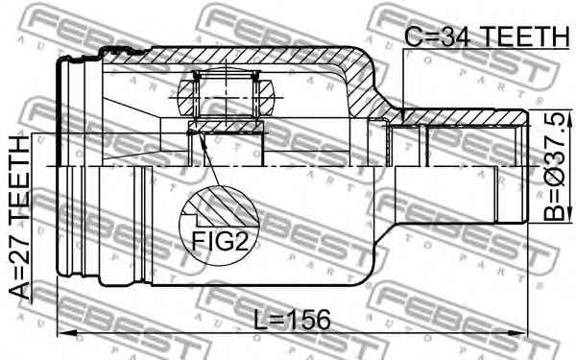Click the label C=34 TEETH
(487, 36)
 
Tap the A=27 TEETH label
(20, 218)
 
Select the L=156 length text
(293, 320)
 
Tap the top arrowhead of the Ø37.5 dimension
(569, 118)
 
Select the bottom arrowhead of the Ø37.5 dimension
(569, 214)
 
